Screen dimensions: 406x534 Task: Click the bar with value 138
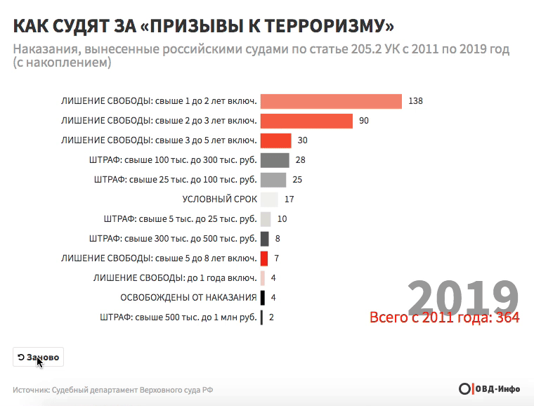[331, 101]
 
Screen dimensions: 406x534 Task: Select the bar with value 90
[306, 121]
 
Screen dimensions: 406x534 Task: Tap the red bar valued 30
[275, 140]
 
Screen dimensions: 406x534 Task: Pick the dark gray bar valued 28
[275, 160]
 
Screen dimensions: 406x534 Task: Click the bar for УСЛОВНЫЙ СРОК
[269, 199]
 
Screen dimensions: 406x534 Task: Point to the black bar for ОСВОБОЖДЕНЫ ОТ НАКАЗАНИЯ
[263, 298]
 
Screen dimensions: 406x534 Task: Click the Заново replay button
[38, 357]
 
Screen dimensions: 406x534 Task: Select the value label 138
[415, 101]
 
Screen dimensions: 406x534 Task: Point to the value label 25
[297, 180]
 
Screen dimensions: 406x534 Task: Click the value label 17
[289, 199]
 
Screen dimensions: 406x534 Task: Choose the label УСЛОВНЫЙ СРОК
[219, 199]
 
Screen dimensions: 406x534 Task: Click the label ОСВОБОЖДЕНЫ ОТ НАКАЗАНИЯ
[188, 298]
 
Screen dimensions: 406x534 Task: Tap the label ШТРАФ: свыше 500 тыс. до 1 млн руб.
[179, 317]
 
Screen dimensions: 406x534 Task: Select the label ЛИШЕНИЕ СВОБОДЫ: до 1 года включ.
[175, 278]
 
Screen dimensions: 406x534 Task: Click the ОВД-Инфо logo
[489, 389]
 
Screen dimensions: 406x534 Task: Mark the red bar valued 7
[264, 258]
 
